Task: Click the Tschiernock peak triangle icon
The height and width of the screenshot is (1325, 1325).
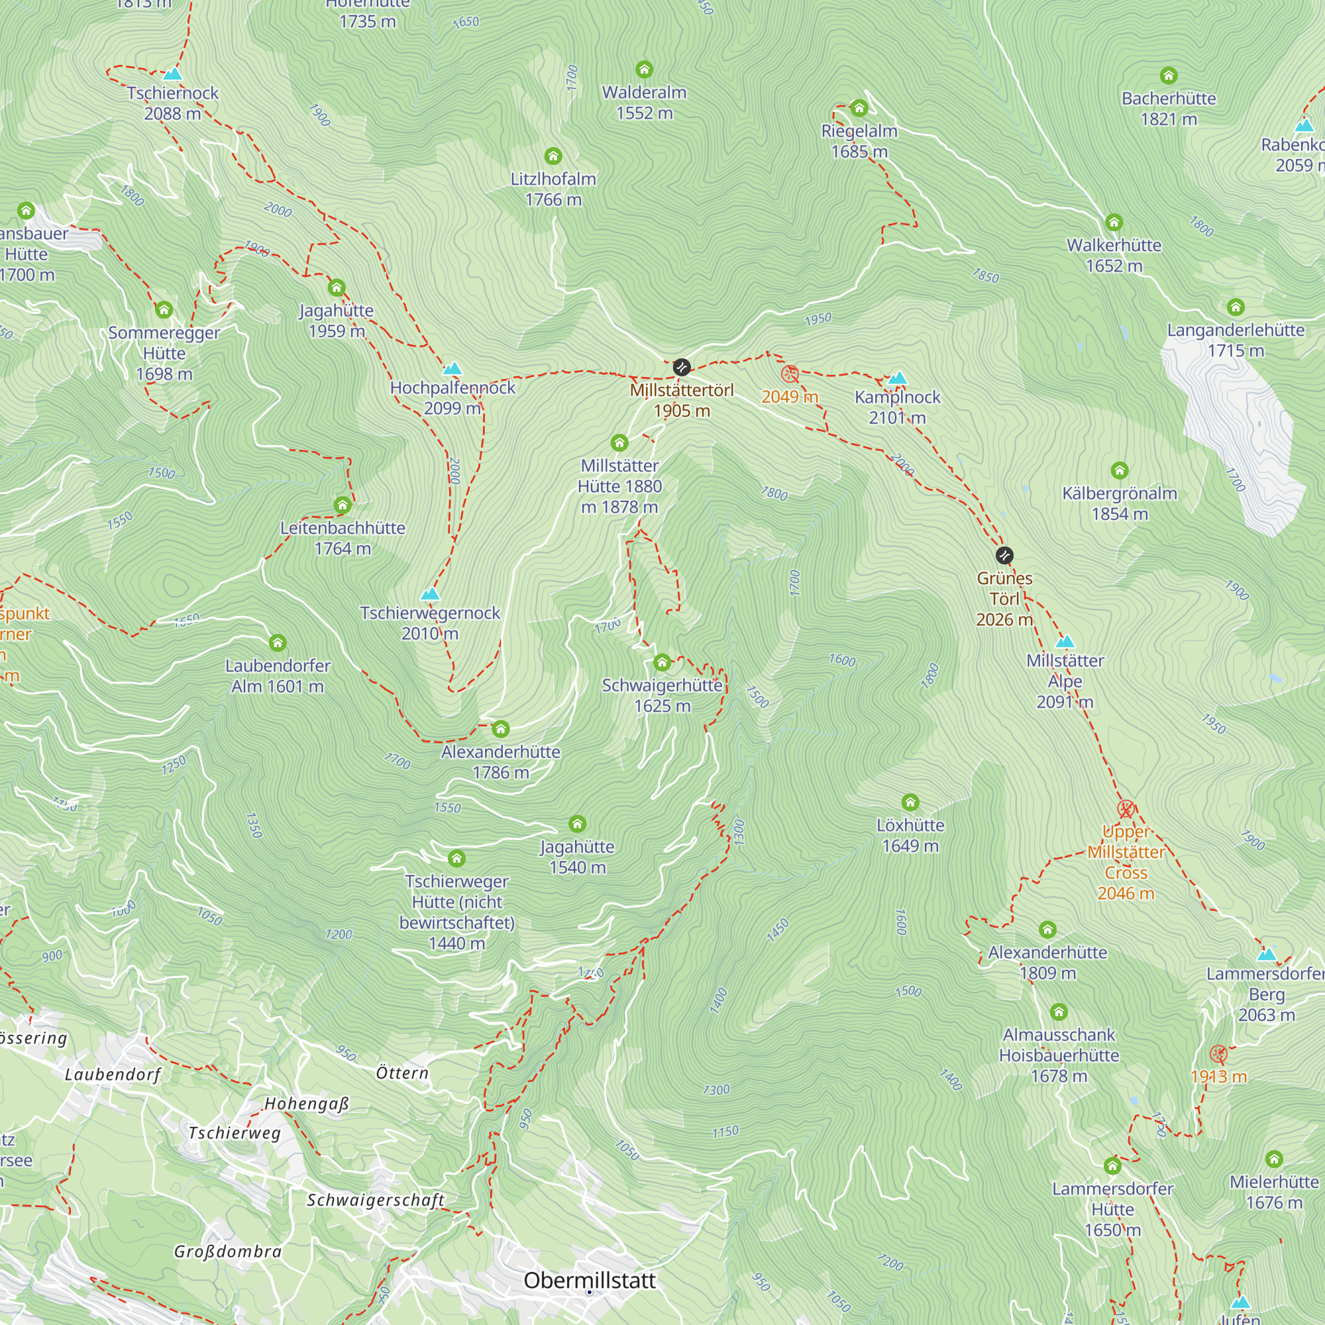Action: [173, 74]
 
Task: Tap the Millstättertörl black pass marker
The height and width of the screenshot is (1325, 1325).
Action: [681, 367]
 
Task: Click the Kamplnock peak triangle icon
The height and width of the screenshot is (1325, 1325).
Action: [897, 378]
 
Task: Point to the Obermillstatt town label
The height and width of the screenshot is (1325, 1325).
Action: [589, 1281]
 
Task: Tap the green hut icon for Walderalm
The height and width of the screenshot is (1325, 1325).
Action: [644, 70]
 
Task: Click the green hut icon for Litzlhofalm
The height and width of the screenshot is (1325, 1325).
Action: [553, 156]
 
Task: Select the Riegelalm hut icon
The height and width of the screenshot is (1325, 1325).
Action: [859, 108]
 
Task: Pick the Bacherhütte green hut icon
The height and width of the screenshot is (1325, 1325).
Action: [1169, 76]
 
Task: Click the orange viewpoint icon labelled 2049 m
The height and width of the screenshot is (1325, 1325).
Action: [790, 374]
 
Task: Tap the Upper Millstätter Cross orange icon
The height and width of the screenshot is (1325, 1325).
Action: [1126, 810]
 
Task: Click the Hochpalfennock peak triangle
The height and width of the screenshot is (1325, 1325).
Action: [452, 370]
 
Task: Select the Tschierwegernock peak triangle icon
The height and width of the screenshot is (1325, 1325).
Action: [430, 594]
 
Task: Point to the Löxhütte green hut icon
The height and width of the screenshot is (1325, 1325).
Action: [910, 802]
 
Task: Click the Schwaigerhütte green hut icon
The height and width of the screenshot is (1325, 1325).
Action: [662, 662]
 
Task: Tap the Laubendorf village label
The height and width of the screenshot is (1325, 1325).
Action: [113, 1075]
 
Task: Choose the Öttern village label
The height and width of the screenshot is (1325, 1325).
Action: [402, 1073]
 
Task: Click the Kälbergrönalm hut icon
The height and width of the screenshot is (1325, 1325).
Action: [1119, 470]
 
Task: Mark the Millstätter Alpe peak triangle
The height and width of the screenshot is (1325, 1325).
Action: [1065, 643]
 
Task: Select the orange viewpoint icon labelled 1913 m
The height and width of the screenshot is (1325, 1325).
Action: [1218, 1054]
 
